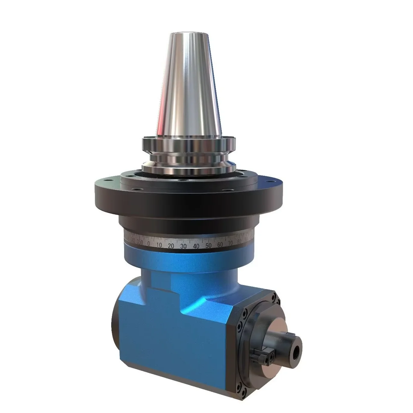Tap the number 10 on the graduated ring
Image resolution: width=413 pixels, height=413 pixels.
159,245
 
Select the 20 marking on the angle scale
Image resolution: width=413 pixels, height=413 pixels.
171,246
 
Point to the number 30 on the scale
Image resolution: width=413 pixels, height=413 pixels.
183,246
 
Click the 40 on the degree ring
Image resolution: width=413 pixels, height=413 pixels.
196,246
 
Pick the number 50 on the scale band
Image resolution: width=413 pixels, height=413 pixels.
208,245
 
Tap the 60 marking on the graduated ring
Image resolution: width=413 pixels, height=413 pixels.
220,244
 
